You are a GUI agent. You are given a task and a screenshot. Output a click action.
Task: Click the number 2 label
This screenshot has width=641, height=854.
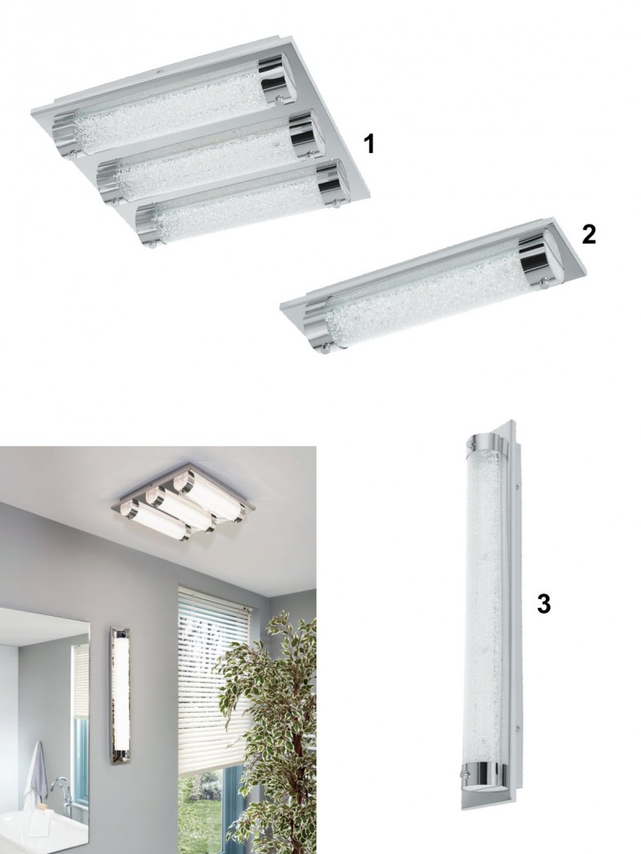(x=589, y=234)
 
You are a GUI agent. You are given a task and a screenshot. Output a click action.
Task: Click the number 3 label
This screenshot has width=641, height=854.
(x=543, y=605)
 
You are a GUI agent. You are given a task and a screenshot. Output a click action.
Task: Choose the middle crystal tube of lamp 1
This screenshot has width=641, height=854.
(x=204, y=159)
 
